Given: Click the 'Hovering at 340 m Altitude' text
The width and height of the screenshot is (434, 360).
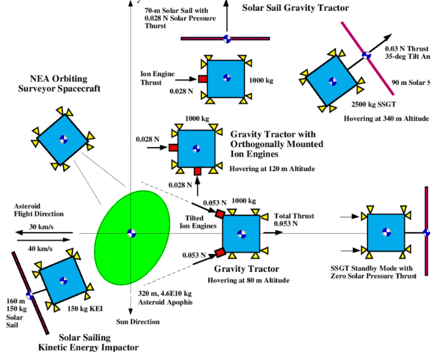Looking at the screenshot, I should (x=386, y=119).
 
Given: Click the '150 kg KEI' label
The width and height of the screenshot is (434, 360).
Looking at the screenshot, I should (x=84, y=309).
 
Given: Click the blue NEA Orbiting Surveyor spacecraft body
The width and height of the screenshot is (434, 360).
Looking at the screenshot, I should (x=63, y=139).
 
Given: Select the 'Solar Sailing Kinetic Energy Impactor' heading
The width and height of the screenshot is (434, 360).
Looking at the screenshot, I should (x=88, y=342).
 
